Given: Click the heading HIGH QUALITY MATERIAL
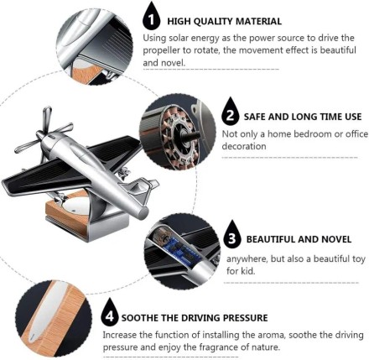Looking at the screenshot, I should click(224, 21).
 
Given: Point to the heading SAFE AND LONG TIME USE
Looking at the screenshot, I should click(302, 116).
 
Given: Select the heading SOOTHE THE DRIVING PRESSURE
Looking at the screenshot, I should click(195, 318).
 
